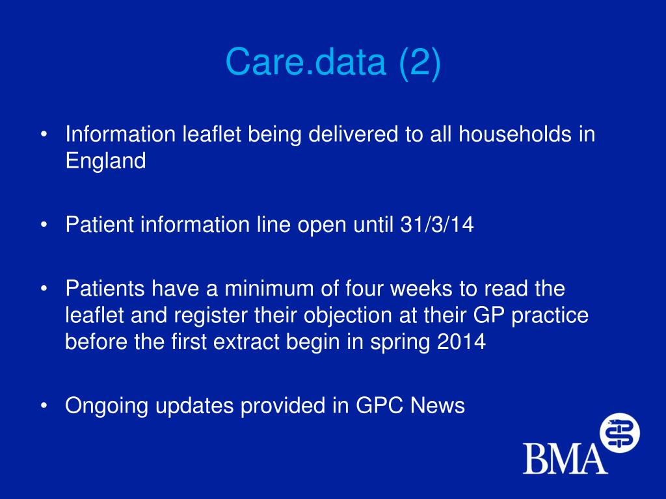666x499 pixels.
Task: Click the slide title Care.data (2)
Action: tap(333, 62)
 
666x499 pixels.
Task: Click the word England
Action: tap(105, 161)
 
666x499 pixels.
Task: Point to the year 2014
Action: tap(461, 342)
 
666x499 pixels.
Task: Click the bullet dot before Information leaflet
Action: tap(44, 135)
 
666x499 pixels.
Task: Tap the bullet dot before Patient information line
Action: tap(44, 225)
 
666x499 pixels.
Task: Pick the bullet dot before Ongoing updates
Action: tap(44, 405)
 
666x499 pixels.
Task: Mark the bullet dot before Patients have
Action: tap(44, 288)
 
